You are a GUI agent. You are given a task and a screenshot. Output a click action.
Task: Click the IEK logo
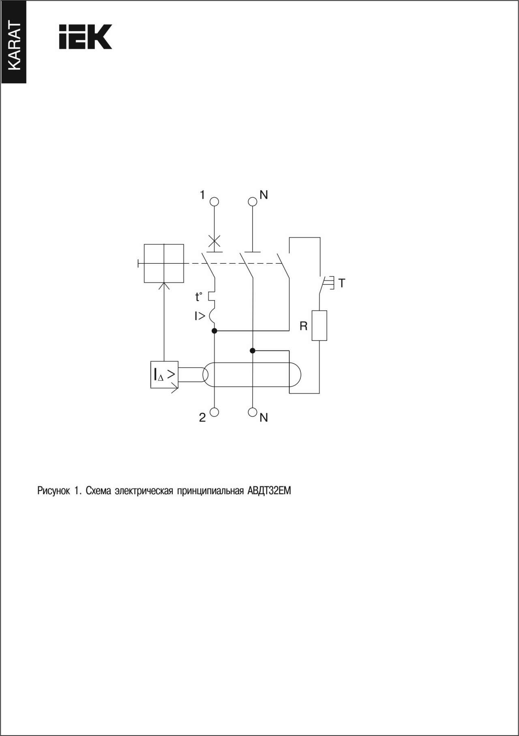point(86,37)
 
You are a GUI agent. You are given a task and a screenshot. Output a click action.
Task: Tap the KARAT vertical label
point(13,46)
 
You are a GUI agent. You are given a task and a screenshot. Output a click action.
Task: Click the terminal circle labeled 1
point(214,201)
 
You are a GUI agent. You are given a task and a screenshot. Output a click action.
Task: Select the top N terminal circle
point(253,201)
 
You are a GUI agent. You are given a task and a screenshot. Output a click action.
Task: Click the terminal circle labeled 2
point(214,412)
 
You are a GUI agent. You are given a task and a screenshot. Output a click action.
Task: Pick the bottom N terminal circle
point(253,412)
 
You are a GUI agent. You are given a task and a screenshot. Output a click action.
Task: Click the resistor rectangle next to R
point(320,325)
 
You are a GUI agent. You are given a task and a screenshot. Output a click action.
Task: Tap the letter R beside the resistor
point(303,326)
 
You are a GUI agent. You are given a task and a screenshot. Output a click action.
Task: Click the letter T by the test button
point(342,283)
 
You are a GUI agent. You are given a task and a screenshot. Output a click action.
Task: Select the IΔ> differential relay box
point(164,374)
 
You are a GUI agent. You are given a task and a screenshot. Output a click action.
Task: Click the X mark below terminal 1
point(214,241)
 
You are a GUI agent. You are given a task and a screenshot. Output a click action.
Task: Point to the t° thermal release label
point(198,297)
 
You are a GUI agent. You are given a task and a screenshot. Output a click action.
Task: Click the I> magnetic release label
point(199,316)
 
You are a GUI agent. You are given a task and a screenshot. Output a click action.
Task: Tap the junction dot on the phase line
point(214,331)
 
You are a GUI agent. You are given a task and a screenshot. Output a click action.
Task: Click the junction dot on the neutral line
point(253,351)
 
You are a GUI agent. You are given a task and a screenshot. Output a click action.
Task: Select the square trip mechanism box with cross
point(164,263)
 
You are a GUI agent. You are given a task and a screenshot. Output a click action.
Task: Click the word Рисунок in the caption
point(54,491)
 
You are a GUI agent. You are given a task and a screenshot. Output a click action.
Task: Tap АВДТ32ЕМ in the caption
point(269,491)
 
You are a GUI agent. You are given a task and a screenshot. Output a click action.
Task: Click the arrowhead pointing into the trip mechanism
point(164,286)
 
